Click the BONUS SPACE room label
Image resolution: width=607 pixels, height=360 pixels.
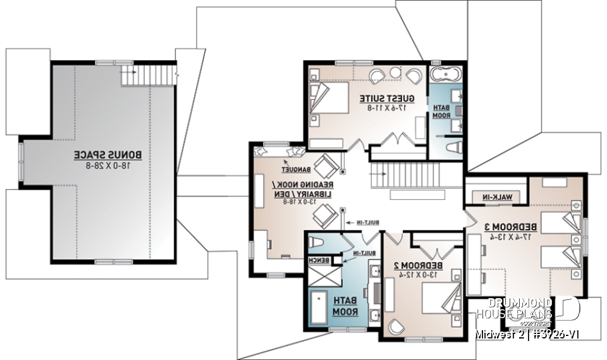pyautogui.click(x=101, y=154)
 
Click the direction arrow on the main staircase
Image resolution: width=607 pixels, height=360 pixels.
pyautogui.click(x=405, y=171)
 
